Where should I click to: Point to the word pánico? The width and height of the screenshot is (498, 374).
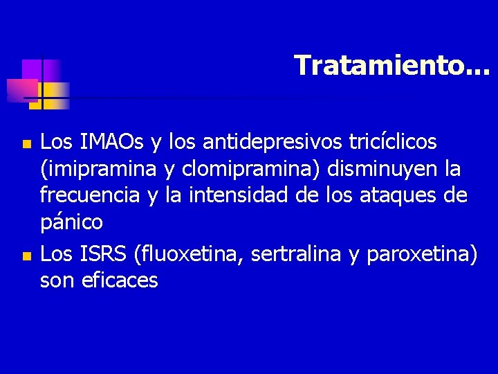click(x=71, y=223)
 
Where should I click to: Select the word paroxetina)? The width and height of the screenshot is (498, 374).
click(x=422, y=254)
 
